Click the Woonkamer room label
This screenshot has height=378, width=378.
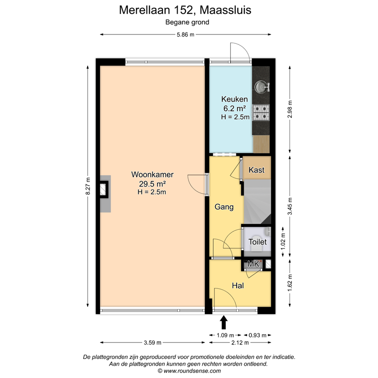tap(152, 175)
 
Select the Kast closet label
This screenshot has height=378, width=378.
tap(256, 170)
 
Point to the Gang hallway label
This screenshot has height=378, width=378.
tap(223, 207)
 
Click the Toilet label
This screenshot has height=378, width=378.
tap(257, 242)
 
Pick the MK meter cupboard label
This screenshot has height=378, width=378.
tap(253, 264)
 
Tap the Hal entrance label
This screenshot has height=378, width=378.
tap(238, 285)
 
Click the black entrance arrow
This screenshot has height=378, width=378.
tap(224, 322)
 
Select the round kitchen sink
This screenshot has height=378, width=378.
tap(260, 87)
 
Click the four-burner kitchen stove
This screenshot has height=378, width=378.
tap(261, 113)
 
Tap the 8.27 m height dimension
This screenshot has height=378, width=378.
tap(88, 186)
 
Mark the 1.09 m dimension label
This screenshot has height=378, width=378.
tap(224, 335)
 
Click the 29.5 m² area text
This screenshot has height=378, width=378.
tap(152, 184)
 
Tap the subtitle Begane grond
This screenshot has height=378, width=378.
tap(187, 22)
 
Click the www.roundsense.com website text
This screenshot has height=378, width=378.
tap(189, 371)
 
